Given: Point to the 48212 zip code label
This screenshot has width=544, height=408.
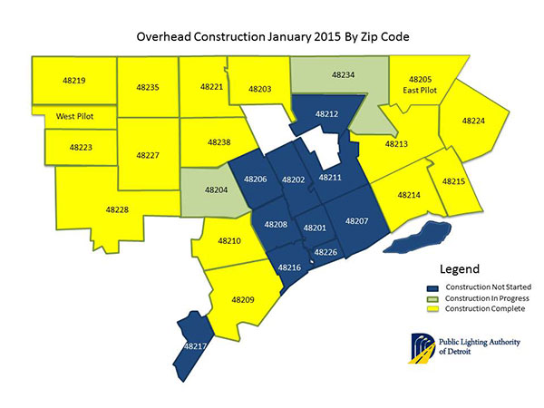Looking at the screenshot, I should pyautogui.click(x=327, y=115).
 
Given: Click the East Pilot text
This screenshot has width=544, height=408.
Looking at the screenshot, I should pyautogui.click(x=423, y=92).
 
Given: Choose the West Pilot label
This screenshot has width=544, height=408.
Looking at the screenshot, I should pyautogui.click(x=76, y=117).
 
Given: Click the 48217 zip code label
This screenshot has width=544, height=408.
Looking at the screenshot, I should pyautogui.click(x=195, y=346).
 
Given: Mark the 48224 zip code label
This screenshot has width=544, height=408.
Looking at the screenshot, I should pyautogui.click(x=474, y=120).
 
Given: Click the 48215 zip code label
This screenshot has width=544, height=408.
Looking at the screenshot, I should pyautogui.click(x=453, y=182).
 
